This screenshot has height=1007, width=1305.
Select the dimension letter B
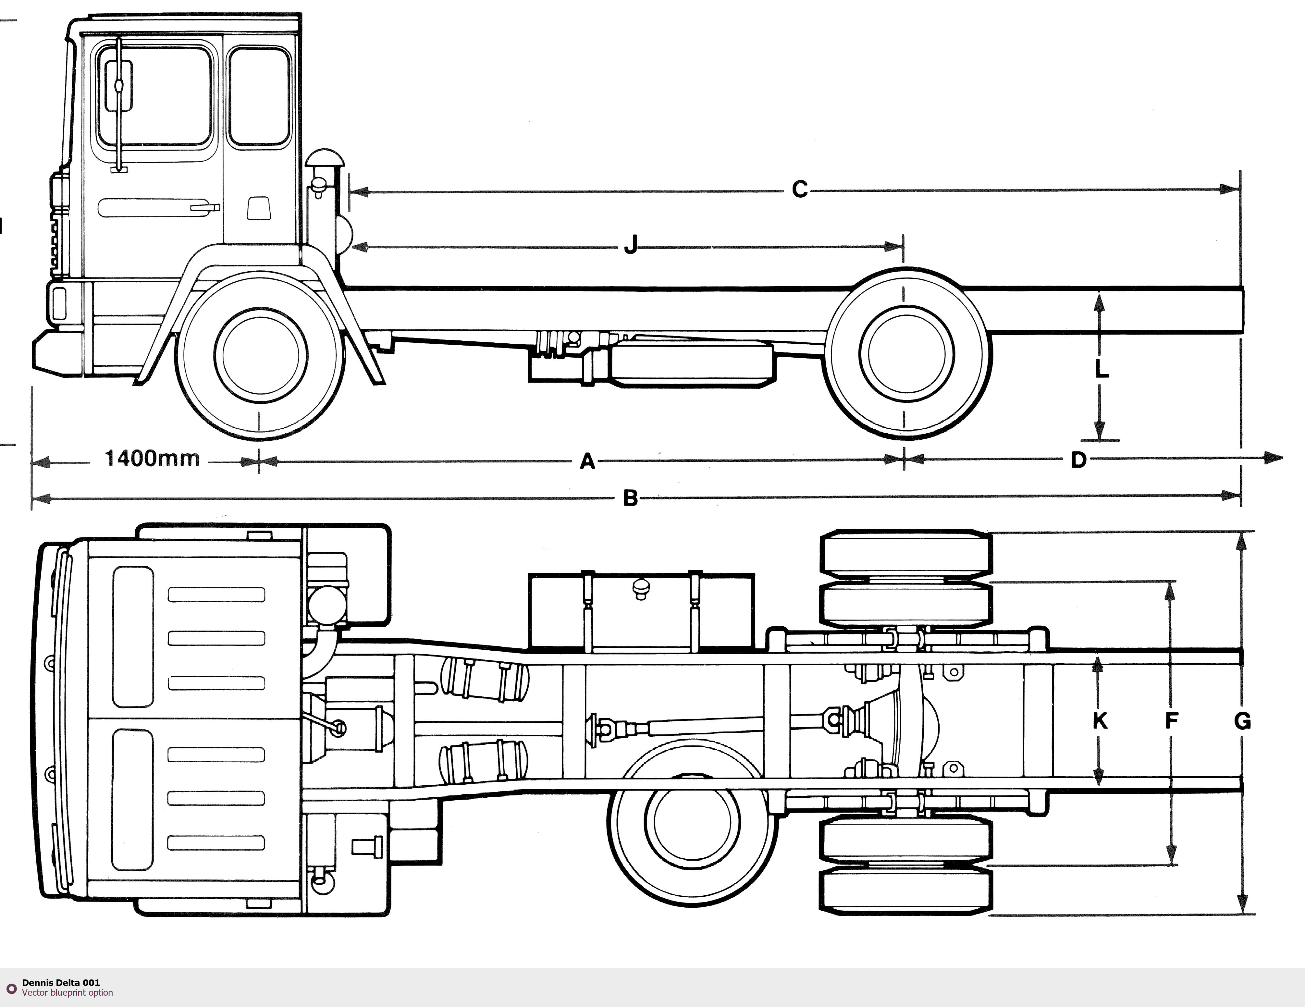pos(630,498)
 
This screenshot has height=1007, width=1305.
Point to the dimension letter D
pos(1078,460)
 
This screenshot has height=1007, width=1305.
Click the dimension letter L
pos(1101,369)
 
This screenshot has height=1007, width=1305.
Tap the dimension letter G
pos(1242,722)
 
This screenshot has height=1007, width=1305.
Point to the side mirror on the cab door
pos(118,87)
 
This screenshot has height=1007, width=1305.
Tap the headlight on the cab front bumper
pos(59,304)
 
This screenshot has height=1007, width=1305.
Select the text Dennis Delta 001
pos(61,982)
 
